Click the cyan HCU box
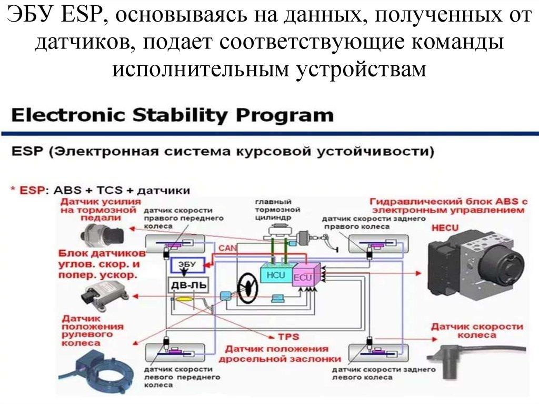[x=275, y=274]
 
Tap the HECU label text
[x=445, y=228]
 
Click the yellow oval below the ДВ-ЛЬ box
[x=185, y=299]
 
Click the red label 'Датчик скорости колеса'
[x=477, y=331]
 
